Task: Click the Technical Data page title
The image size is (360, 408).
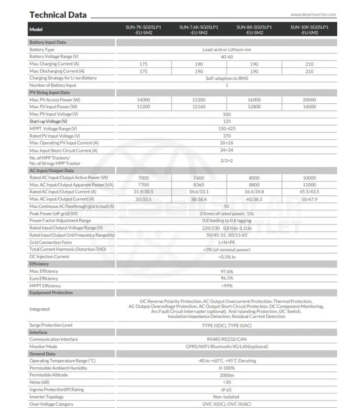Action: pyautogui.click(x=58, y=15)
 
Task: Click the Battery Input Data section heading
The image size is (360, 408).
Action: pyautogui.click(x=48, y=43)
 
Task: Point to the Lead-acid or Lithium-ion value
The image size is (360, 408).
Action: pyautogui.click(x=226, y=50)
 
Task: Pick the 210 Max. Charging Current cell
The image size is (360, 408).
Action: pyautogui.click(x=309, y=64)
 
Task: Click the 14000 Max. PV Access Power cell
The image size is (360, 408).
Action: pyautogui.click(x=143, y=100)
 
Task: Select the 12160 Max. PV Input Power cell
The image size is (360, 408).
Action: pyautogui.click(x=199, y=107)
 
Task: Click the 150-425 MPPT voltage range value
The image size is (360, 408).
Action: pyautogui.click(x=226, y=128)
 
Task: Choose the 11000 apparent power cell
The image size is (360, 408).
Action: pyautogui.click(x=309, y=184)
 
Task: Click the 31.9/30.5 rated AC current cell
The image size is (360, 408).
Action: pyautogui.click(x=143, y=191)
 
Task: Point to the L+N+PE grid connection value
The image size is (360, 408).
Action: pyautogui.click(x=226, y=241)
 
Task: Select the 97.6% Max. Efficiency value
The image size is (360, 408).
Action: pyautogui.click(x=226, y=271)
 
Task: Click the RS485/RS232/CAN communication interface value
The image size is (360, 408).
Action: pyautogui.click(x=226, y=339)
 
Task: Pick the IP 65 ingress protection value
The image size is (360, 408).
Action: pyautogui.click(x=226, y=389)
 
